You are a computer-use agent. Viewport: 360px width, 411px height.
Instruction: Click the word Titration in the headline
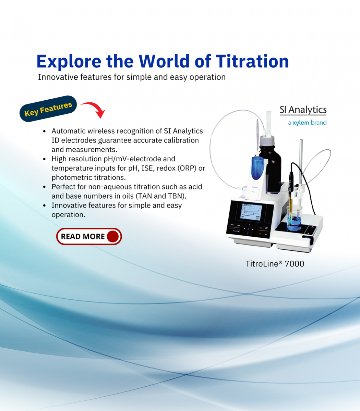click(x=252, y=61)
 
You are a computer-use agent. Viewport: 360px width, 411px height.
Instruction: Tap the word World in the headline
click(x=164, y=61)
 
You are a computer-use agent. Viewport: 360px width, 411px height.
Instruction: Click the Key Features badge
click(x=48, y=109)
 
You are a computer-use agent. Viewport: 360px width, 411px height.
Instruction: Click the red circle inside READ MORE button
click(x=113, y=236)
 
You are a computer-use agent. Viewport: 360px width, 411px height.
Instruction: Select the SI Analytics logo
click(x=303, y=110)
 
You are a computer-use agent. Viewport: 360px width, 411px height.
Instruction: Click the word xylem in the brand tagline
click(x=301, y=123)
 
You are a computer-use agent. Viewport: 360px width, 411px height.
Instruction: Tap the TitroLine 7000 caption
click(x=275, y=264)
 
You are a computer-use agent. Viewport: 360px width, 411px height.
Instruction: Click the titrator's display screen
click(x=251, y=212)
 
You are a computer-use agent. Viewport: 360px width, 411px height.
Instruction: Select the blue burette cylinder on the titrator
click(x=257, y=168)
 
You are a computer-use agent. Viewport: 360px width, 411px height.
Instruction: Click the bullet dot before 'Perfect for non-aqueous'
click(x=45, y=187)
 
